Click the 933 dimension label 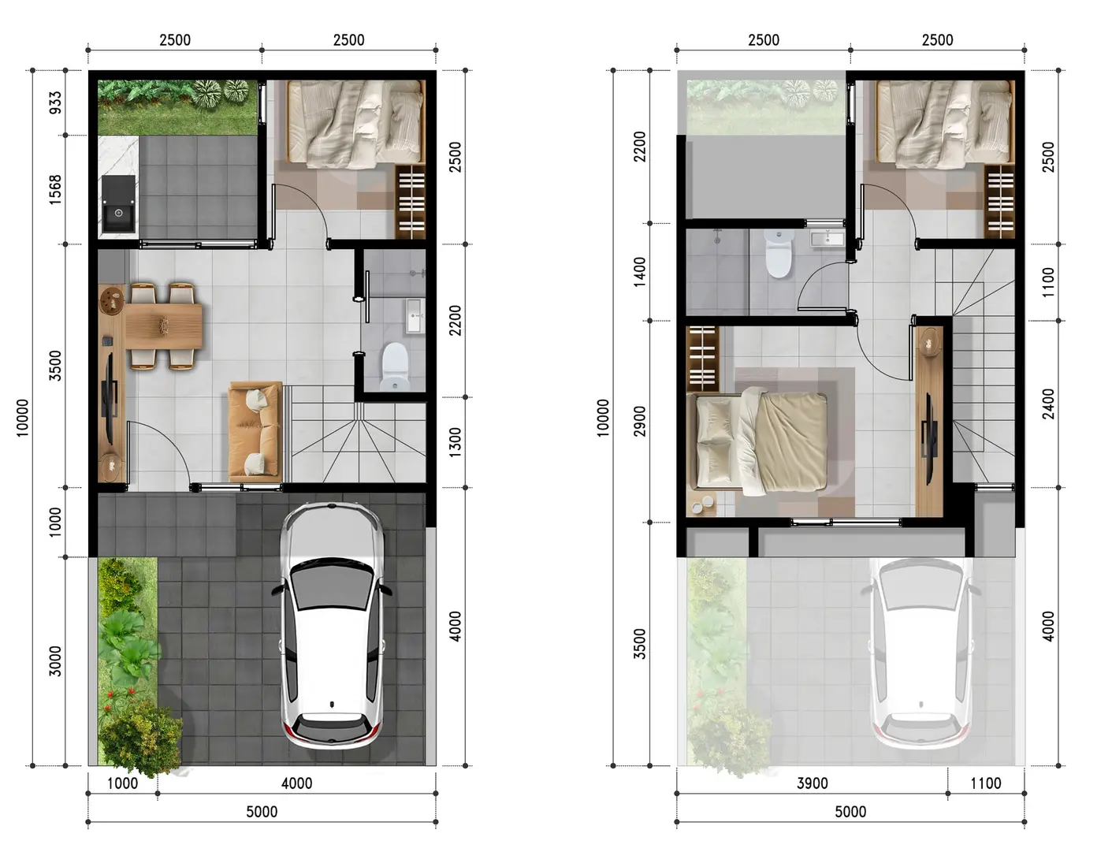(54, 102)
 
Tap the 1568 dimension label (54, 190)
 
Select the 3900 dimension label (812, 783)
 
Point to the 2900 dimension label (640, 422)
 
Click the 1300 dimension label (455, 442)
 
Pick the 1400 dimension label (640, 272)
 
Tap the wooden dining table (163, 326)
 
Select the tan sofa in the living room (255, 431)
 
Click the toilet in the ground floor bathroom (395, 367)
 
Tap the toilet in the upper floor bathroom (779, 253)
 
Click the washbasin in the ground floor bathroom (415, 316)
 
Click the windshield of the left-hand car (332, 589)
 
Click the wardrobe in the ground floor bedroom (411, 202)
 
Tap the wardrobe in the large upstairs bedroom (703, 359)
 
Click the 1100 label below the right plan (986, 783)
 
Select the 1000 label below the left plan (122, 783)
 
